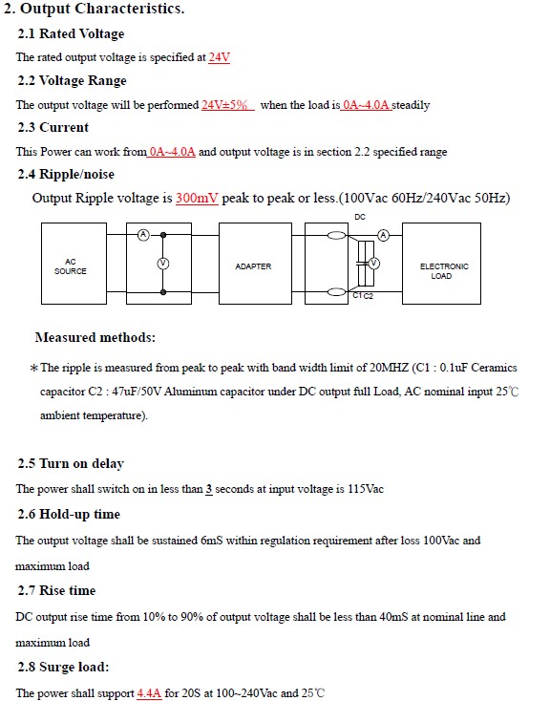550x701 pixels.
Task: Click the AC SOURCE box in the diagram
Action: [74, 264]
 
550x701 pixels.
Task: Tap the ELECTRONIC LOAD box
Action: [442, 264]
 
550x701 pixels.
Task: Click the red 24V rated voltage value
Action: [219, 57]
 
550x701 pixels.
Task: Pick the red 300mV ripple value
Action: [197, 198]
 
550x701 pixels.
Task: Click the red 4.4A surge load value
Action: [149, 693]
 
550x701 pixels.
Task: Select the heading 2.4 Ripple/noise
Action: [66, 174]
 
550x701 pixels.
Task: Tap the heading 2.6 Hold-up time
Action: [69, 514]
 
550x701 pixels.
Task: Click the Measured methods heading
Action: [95, 337]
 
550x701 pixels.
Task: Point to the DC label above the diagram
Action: [360, 217]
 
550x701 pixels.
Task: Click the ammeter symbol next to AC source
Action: [143, 234]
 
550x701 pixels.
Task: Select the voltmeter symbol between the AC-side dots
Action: [163, 264]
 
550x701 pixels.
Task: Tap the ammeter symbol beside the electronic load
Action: [384, 235]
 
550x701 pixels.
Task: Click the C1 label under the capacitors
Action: [357, 295]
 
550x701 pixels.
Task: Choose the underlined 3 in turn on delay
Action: [209, 489]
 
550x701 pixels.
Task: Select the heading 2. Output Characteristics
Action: [94, 9]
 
